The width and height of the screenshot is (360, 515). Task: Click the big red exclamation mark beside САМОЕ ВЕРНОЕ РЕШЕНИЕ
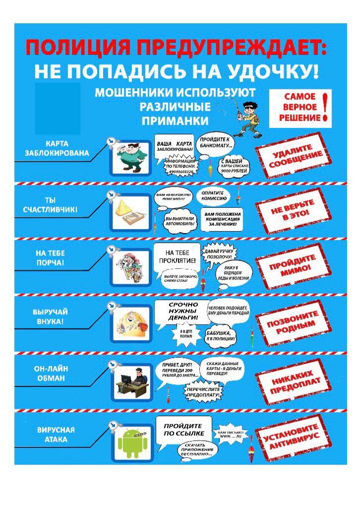pyautogui.click(x=325, y=107)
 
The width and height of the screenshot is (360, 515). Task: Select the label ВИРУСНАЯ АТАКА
pyautogui.click(x=56, y=435)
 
